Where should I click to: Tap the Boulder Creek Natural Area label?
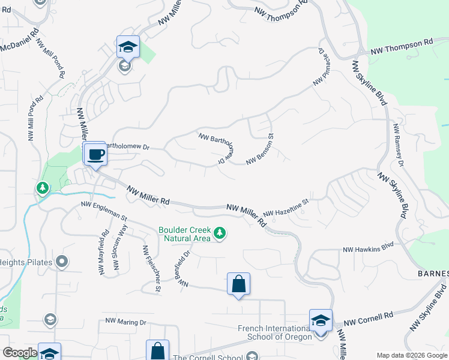pyautogui.click(x=184, y=234)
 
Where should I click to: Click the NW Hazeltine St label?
pyautogui.click(x=285, y=208)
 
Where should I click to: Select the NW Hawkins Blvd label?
pyautogui.click(x=368, y=247)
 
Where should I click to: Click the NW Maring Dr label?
pyautogui.click(x=125, y=322)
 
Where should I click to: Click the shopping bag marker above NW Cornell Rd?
pyautogui.click(x=238, y=284)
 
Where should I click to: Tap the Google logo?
pyautogui.click(x=20, y=353)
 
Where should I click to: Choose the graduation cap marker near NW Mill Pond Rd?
pyautogui.click(x=128, y=47)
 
